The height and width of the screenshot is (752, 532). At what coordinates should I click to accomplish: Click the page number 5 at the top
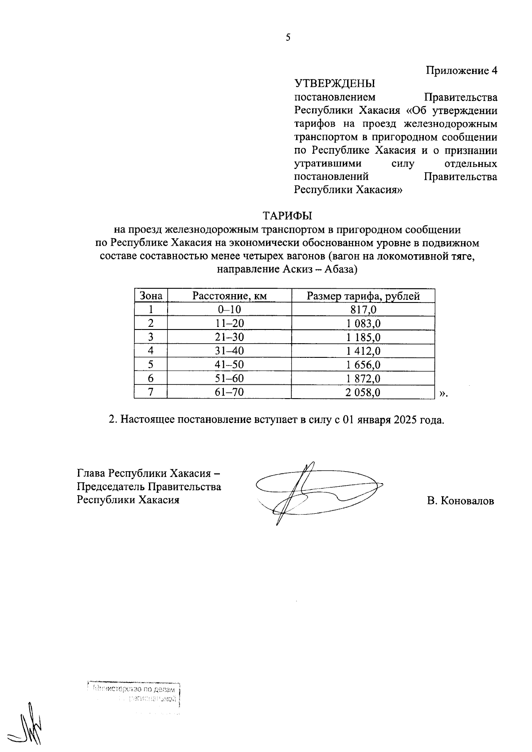[x=288, y=38]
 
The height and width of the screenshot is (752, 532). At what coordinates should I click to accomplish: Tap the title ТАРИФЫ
[x=287, y=216]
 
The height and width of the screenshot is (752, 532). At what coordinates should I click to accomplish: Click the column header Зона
[x=151, y=296]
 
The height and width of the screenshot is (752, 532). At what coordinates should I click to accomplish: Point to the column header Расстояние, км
[x=229, y=296]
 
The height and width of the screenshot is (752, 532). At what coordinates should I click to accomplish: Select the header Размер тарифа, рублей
[x=363, y=296]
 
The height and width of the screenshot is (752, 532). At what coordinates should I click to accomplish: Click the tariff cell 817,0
[x=363, y=310]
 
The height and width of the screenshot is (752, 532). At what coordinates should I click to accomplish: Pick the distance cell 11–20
[x=229, y=324]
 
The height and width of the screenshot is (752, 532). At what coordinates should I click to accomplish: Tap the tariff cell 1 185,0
[x=363, y=337]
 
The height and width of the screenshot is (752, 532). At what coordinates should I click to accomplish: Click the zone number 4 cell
[x=151, y=351]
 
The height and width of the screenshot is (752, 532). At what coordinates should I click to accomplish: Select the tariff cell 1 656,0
[x=363, y=365]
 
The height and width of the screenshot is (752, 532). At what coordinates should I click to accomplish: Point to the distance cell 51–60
[x=229, y=379]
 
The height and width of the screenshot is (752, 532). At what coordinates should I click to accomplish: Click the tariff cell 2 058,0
[x=363, y=392]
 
